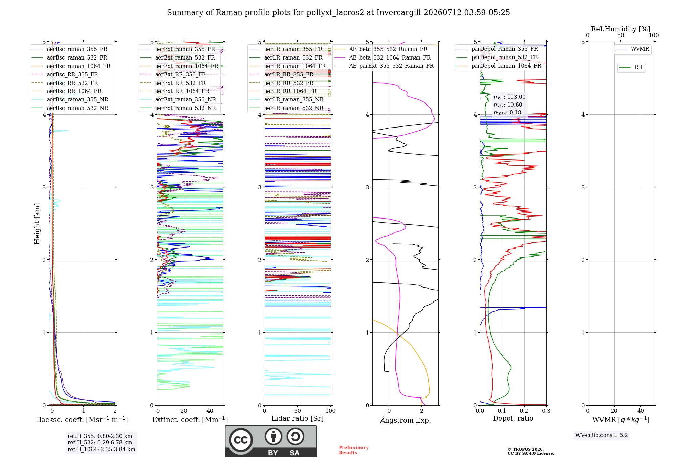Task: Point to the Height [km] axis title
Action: click(x=37, y=224)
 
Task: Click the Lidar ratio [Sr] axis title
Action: click(x=298, y=419)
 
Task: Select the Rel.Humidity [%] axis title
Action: click(x=621, y=29)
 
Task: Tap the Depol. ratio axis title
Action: click(x=513, y=419)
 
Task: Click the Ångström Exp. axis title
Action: click(x=406, y=420)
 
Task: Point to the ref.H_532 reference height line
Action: click(x=100, y=443)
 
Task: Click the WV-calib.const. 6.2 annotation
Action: click(x=602, y=435)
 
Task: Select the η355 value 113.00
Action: click(x=516, y=97)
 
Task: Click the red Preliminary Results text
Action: click(x=354, y=450)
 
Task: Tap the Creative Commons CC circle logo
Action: click(x=241, y=440)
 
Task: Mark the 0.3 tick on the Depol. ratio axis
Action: click(x=546, y=411)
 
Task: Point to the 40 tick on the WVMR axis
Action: click(x=641, y=411)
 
